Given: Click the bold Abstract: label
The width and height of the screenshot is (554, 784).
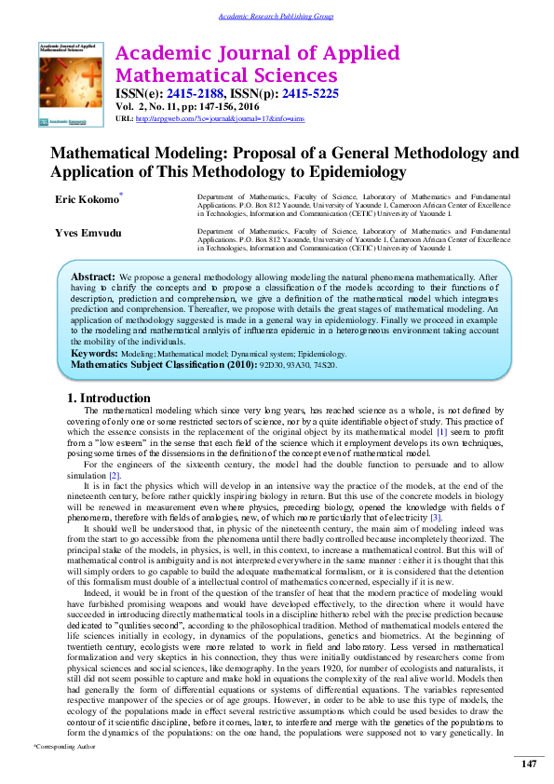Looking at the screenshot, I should (x=93, y=277).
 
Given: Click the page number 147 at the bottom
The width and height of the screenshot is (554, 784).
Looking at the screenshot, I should (x=527, y=764).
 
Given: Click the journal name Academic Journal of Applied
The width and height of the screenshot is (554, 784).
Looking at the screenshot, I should (x=256, y=53).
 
